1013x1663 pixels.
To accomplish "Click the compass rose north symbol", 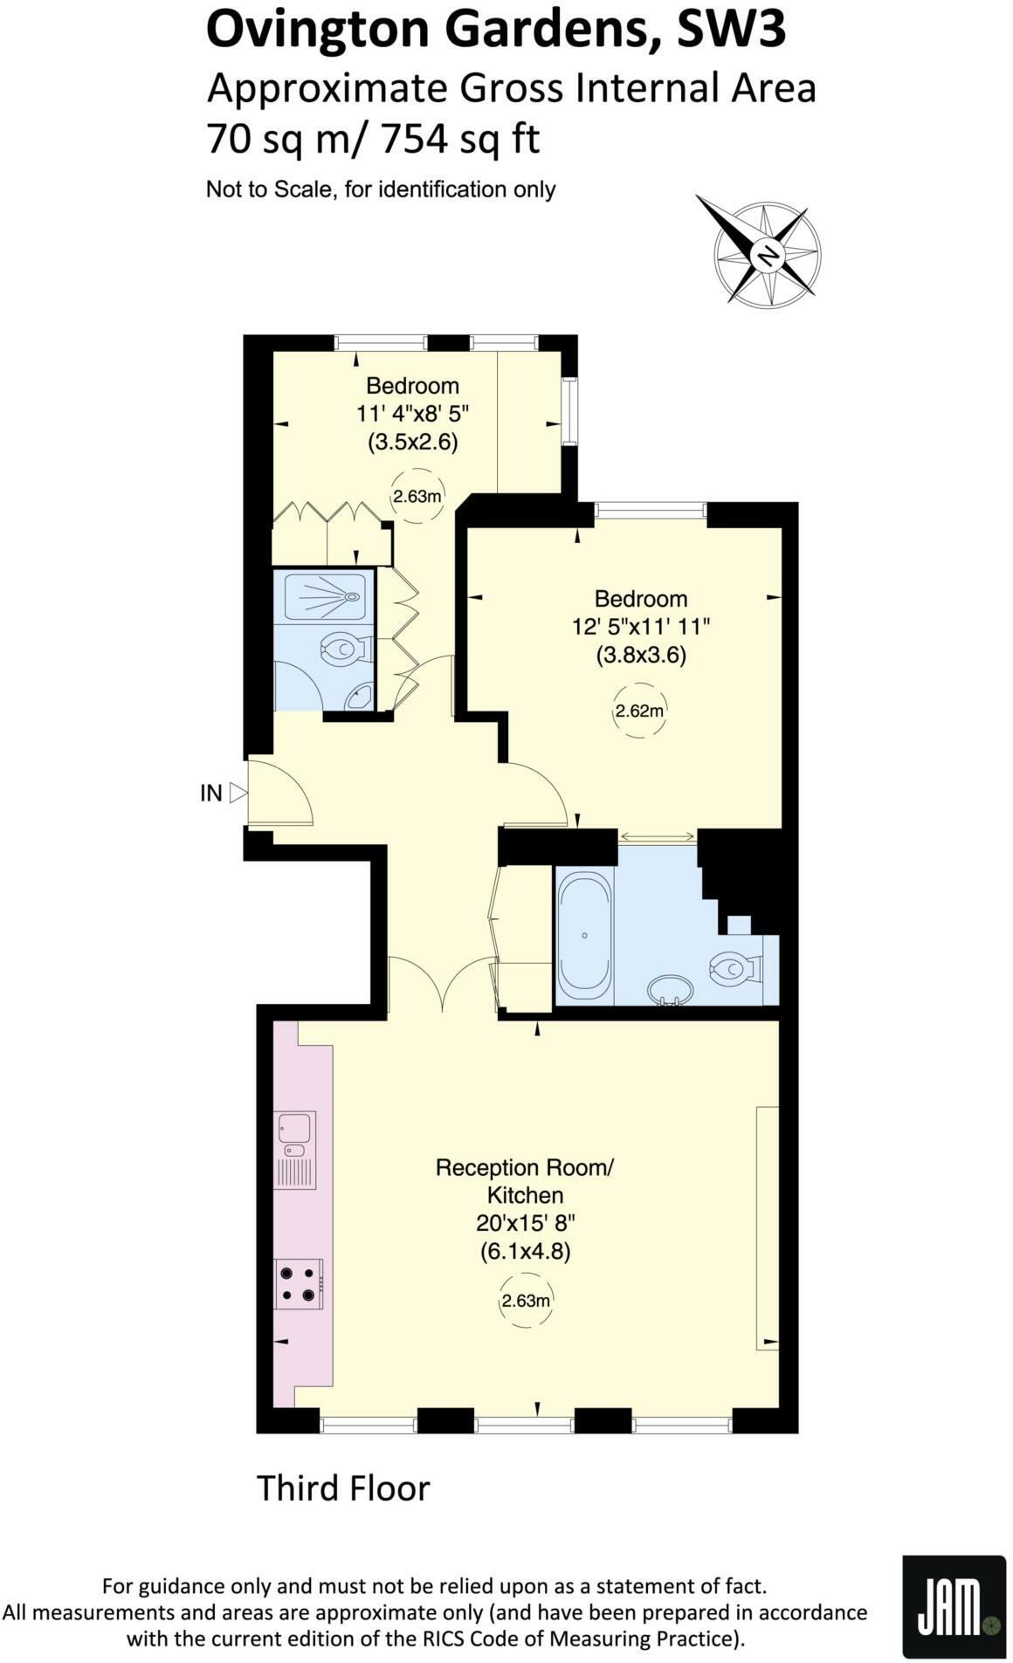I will (x=767, y=256).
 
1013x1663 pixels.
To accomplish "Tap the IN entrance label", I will (x=211, y=793).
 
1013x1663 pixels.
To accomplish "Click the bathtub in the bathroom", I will (x=584, y=935).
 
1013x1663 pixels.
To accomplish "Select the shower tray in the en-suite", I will (x=324, y=596).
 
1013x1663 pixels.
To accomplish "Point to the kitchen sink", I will (x=295, y=1149).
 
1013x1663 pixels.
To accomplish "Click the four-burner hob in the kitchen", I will (x=298, y=1283).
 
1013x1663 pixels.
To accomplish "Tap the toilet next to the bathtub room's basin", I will (x=735, y=968).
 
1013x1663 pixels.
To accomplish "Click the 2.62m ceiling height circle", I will (x=639, y=711).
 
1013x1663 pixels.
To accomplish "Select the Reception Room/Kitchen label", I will (x=525, y=1180).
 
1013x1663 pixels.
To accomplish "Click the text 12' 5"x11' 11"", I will (x=640, y=626).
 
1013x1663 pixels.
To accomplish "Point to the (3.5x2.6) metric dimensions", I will (x=412, y=442).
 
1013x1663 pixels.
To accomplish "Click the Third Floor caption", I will (x=343, y=1488).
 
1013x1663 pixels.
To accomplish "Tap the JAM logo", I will (x=954, y=1606).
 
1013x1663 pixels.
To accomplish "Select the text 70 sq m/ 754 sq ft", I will (x=373, y=138).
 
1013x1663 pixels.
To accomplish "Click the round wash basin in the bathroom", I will (x=670, y=990).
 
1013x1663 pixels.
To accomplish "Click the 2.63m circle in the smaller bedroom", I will (x=417, y=497).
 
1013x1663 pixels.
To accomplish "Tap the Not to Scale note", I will (x=381, y=189).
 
